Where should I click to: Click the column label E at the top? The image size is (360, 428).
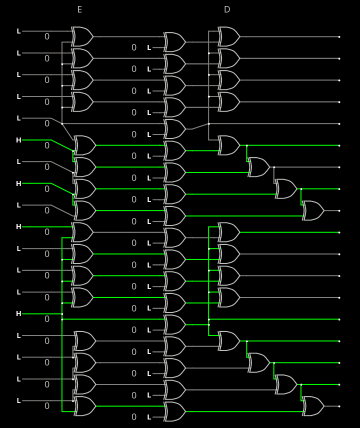tap(79, 9)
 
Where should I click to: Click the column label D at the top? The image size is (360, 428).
tap(227, 9)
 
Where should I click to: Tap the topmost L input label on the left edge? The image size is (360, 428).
tap(19, 31)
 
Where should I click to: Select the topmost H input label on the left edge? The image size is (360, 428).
tap(19, 140)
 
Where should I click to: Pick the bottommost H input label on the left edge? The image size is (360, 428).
tap(19, 313)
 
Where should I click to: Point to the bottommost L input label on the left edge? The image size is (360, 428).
tap(19, 400)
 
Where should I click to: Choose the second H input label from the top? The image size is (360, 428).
tap(19, 183)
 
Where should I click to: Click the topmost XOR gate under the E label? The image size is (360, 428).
tap(82, 36)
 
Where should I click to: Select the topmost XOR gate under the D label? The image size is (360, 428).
tap(229, 36)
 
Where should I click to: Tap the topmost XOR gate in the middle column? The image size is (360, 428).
tap(174, 42)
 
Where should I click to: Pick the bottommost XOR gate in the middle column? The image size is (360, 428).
tap(174, 411)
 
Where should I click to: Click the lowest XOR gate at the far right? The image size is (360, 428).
tap(313, 406)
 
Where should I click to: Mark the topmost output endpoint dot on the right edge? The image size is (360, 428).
tap(339, 36)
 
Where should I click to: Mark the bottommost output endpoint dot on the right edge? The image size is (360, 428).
tap(339, 406)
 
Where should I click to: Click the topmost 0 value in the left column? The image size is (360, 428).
tap(47, 36)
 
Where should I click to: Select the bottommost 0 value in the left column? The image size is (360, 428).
tap(47, 406)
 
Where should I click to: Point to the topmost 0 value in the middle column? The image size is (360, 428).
tap(134, 47)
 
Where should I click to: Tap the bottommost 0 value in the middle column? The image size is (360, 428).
tap(134, 417)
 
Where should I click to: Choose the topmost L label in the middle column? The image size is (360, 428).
tap(149, 47)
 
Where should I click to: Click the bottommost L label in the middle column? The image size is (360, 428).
tap(149, 417)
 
